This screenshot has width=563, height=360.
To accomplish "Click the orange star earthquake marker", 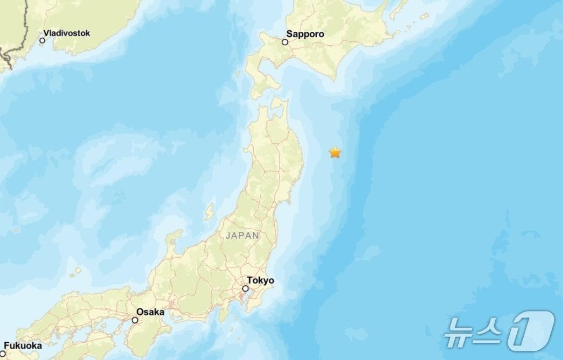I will click(x=335, y=152).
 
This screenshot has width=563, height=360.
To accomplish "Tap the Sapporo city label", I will click(x=305, y=34).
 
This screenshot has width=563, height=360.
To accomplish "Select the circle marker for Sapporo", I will click(x=285, y=41).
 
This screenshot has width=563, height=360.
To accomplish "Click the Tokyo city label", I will click(x=260, y=280).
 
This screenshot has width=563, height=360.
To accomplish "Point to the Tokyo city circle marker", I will click(x=245, y=288).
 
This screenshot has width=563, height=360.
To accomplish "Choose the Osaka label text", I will click(x=150, y=312).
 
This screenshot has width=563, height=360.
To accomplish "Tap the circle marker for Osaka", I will click(x=135, y=320).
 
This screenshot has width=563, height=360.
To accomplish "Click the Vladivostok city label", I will click(x=67, y=33).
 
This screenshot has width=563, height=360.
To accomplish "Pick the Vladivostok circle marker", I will click(x=42, y=40).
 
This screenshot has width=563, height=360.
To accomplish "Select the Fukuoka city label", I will click(x=23, y=346).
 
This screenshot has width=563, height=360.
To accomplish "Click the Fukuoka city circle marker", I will click(x=2, y=354).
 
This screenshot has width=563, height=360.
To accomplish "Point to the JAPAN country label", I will click(x=243, y=236).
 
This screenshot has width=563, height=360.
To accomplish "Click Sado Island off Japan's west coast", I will click(x=209, y=211).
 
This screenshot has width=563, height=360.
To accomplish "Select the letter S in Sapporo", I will click(x=289, y=34).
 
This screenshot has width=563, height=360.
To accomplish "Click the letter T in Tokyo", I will click(x=250, y=280).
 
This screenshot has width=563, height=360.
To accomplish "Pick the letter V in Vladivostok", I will click(x=46, y=33).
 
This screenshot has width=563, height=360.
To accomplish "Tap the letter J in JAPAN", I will click(x=227, y=236).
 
